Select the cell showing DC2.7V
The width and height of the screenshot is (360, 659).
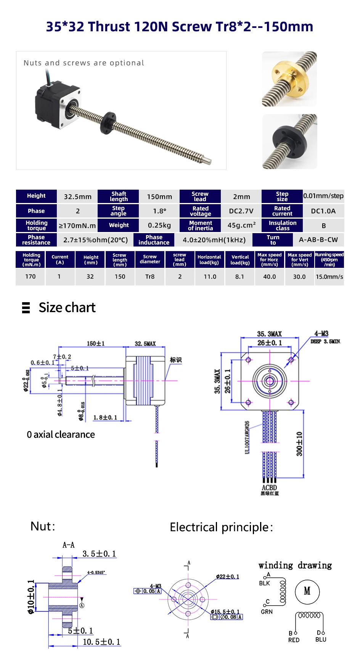tap(241, 211)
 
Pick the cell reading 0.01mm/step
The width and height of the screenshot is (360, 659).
tap(323, 196)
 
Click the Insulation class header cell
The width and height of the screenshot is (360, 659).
tap(282, 226)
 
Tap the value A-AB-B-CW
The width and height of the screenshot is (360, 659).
tap(318, 240)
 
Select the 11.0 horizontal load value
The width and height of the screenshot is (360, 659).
tap(210, 277)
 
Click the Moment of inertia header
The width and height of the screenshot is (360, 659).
tap(200, 226)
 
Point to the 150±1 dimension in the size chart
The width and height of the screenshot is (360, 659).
tap(96, 343)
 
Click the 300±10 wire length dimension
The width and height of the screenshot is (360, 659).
tap(299, 443)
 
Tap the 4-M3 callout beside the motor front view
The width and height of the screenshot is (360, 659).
tap(321, 334)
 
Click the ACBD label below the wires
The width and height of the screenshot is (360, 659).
tap(269, 488)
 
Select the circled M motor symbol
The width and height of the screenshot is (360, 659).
tap(307, 591)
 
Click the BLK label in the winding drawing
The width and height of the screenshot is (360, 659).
tap(264, 583)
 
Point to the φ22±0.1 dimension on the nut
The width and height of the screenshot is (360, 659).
tap(227, 577)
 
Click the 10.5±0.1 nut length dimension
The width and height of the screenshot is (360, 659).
tap(101, 642)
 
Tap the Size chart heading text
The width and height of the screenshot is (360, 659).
tap(67, 308)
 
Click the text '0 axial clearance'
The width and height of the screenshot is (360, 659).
tap(61, 435)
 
